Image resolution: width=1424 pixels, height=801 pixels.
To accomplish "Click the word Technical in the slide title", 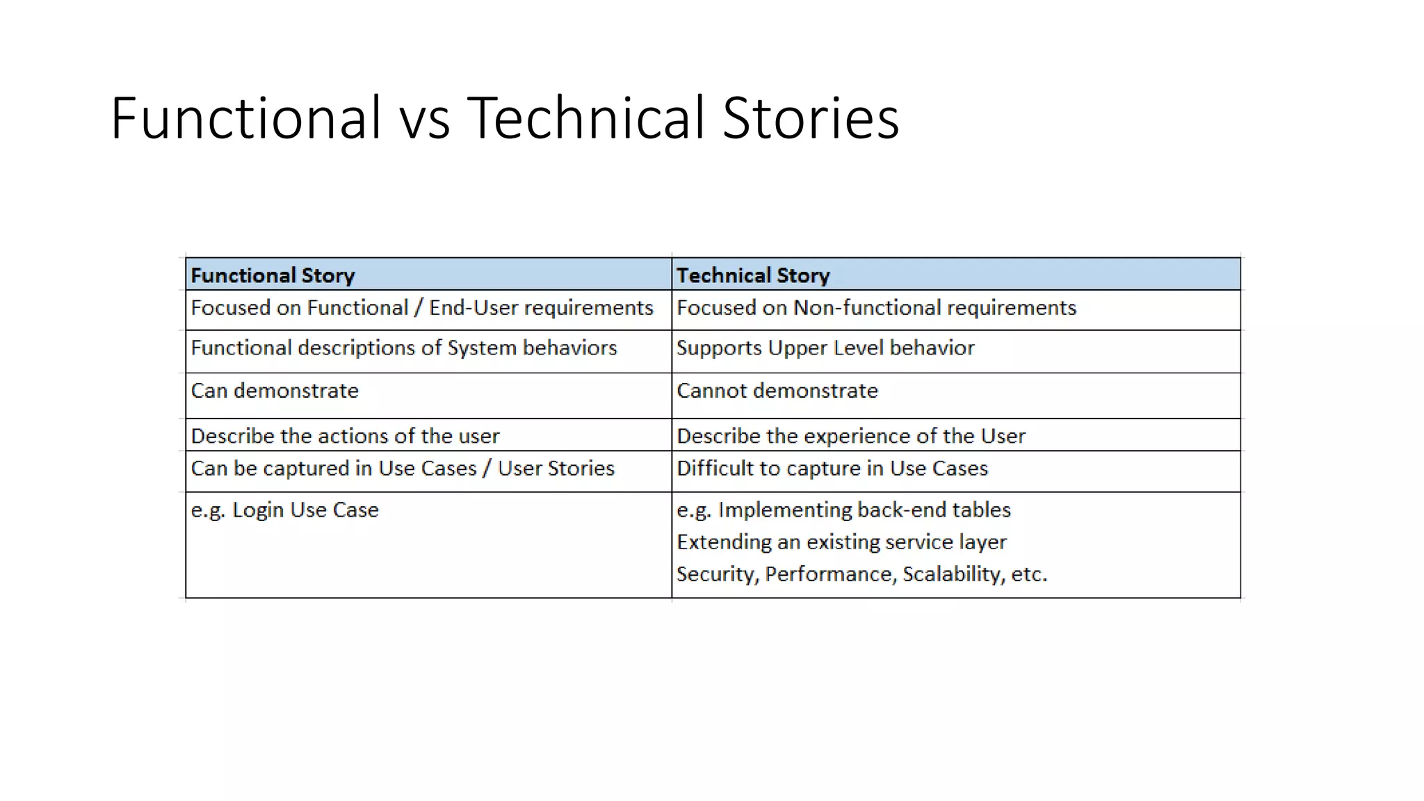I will [x=588, y=118].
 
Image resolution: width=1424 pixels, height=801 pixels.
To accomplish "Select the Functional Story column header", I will [x=273, y=275].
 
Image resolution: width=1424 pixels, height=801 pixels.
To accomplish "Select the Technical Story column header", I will [x=753, y=275].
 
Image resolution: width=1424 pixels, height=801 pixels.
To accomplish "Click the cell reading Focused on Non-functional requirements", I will [x=876, y=308].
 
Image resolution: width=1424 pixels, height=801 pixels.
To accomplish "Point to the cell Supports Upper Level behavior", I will [x=825, y=348].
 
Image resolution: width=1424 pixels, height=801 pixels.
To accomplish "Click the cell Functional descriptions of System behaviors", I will [x=404, y=348].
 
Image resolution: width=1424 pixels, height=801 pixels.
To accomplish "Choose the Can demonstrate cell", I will [x=275, y=391].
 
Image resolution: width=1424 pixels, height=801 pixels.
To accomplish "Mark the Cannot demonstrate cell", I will [x=777, y=391].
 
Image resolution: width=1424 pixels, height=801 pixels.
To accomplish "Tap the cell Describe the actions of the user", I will [x=345, y=436].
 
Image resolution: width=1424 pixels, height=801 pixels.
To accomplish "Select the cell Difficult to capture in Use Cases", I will [x=832, y=469].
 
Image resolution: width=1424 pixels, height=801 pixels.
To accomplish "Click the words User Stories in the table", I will [x=556, y=469].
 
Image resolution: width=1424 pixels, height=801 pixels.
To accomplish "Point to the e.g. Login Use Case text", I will [x=285, y=510].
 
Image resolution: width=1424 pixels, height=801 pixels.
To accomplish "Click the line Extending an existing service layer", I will [x=841, y=542].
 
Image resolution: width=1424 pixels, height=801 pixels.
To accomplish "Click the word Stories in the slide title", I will [x=811, y=118].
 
